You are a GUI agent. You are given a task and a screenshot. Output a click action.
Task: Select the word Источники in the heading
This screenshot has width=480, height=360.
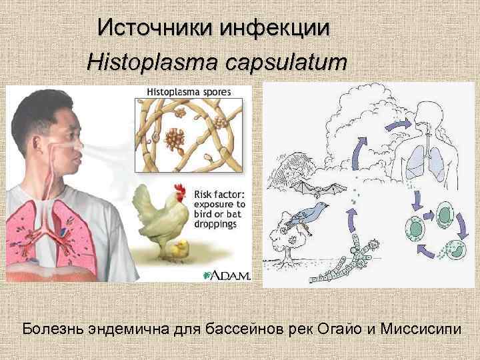[149, 27]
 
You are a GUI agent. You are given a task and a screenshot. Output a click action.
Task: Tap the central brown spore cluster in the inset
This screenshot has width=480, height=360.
[175, 138]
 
